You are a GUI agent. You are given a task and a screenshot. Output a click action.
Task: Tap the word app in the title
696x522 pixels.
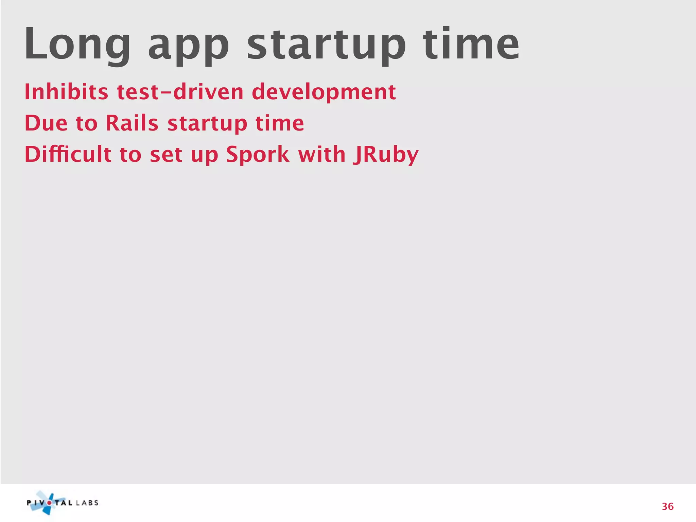click(189, 46)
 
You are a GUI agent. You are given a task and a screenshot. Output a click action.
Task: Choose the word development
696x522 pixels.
click(324, 92)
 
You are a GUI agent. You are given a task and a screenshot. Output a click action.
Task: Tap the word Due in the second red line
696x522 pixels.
click(46, 123)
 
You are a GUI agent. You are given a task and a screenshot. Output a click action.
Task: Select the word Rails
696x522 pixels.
click(132, 123)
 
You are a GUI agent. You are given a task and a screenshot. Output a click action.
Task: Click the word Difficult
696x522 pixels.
click(68, 154)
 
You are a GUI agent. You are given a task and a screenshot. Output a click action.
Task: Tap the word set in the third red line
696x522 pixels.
click(166, 155)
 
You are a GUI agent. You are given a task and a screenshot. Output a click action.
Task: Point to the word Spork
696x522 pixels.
click(257, 155)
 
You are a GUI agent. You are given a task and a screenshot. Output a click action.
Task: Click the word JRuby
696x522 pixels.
click(385, 155)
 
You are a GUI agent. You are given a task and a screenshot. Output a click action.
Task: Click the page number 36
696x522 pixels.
click(667, 506)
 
